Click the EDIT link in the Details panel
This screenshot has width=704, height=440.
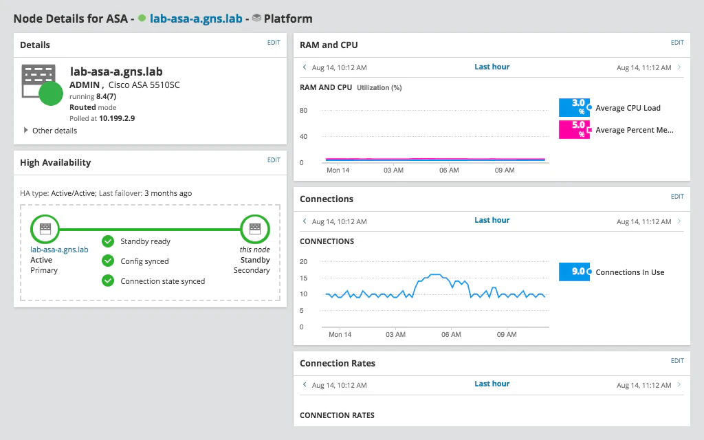pos(274,43)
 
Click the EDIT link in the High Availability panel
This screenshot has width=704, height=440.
pos(274,160)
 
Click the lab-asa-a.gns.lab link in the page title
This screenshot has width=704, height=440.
pos(196,19)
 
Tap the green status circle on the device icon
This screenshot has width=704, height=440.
pos(51,93)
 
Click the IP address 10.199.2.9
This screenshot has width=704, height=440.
pos(117,118)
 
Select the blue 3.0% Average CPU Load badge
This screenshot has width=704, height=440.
pos(574,107)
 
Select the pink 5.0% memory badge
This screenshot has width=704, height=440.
pos(574,129)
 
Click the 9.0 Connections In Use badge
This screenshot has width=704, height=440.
pos(574,272)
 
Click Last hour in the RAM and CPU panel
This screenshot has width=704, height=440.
pos(492,67)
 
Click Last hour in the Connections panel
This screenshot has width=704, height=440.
pos(492,220)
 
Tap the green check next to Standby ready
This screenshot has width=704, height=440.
pos(108,241)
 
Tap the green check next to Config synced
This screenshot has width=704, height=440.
pos(108,261)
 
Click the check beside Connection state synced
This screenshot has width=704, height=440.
pos(108,280)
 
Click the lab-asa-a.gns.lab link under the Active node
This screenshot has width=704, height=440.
pos(60,250)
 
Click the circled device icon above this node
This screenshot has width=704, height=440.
pos(255,228)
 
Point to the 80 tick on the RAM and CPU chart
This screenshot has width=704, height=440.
pos(303,111)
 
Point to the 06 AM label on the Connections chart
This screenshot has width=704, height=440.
pos(450,334)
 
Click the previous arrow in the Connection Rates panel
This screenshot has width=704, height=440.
pos(305,384)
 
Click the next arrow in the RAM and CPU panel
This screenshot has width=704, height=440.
pos(679,67)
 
